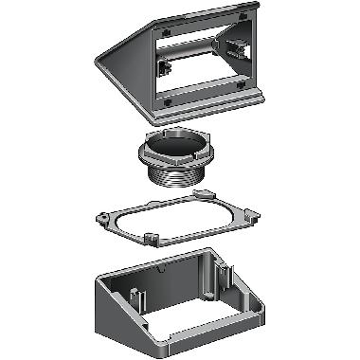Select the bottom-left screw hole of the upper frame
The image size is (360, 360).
tap(167, 99)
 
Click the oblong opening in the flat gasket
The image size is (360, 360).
tap(180, 218)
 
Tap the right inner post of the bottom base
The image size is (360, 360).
tap(225, 277)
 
